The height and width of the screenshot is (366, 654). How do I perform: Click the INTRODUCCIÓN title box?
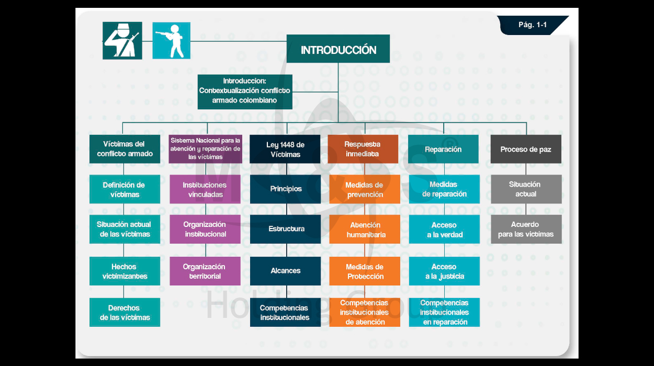[x=338, y=49]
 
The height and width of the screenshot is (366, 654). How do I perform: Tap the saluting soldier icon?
[x=122, y=41]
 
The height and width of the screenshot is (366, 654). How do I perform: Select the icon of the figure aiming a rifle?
[x=172, y=41]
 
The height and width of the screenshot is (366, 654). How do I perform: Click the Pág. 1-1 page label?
[x=533, y=25]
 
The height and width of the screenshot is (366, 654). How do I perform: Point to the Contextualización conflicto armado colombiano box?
[x=245, y=92]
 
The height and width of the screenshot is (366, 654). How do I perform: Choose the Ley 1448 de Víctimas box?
[x=285, y=149]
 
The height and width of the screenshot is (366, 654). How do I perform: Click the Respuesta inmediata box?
[x=363, y=149]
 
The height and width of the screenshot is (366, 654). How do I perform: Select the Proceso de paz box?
[x=526, y=149]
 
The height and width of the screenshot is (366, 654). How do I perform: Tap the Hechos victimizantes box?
[x=125, y=271]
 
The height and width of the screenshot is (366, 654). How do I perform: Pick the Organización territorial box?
[x=205, y=271]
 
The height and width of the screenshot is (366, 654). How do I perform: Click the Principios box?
[x=285, y=189]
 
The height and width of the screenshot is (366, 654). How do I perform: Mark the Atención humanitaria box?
[x=365, y=230]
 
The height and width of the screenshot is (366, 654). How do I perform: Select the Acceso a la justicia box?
[x=444, y=271]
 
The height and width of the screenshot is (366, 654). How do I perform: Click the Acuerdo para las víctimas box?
[x=526, y=230]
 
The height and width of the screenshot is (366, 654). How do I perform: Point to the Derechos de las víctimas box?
[x=125, y=312]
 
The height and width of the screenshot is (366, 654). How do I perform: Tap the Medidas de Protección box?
[x=365, y=271]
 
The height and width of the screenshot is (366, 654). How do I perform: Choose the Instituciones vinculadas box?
[x=205, y=189]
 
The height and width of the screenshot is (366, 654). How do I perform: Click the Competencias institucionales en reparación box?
[x=444, y=312]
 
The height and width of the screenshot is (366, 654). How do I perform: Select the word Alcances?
[x=285, y=270]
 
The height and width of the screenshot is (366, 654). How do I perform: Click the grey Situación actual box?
[x=526, y=189]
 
